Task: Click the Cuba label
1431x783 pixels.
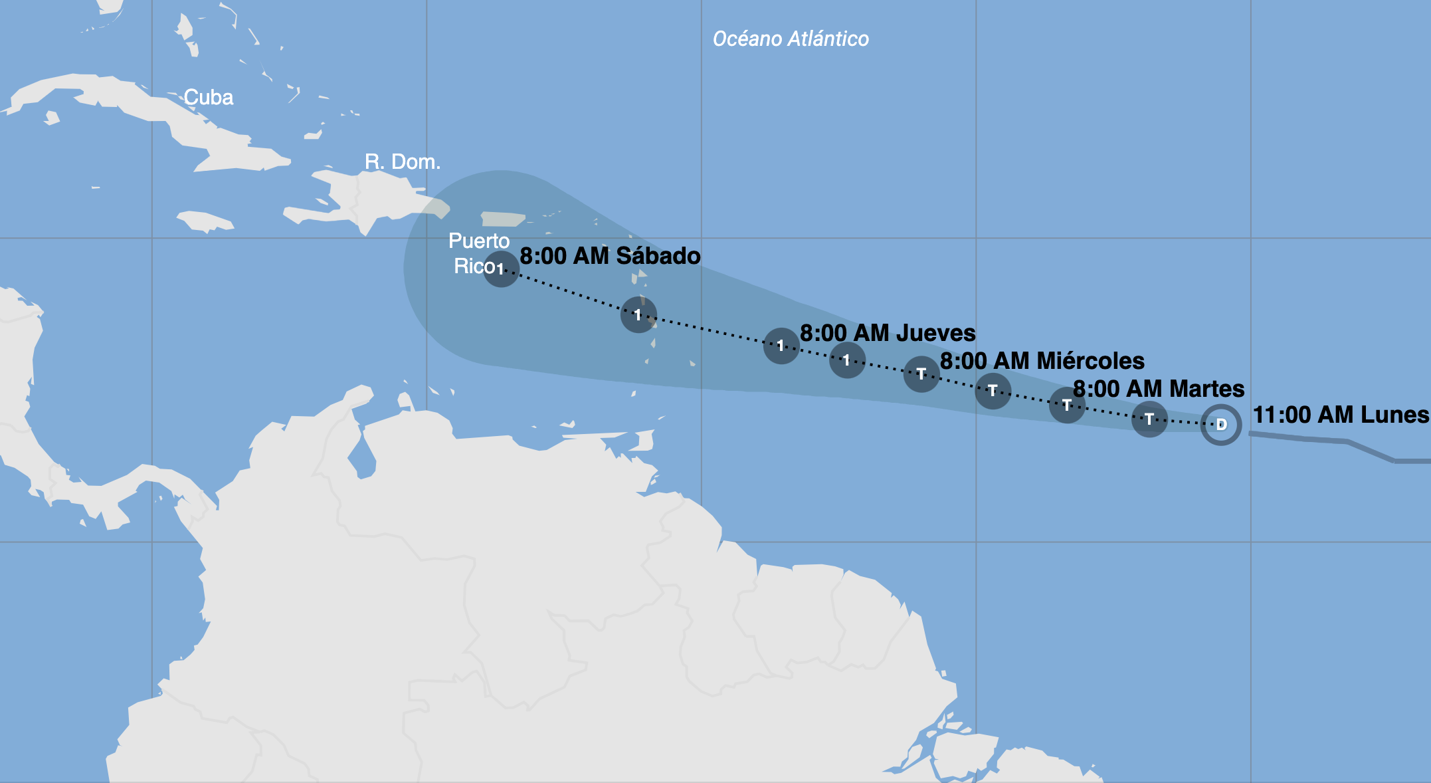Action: pyautogui.click(x=208, y=98)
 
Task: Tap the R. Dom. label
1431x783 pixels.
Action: pyautogui.click(x=403, y=162)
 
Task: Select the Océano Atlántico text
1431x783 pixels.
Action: pyautogui.click(x=791, y=39)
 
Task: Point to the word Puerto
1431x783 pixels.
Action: pyautogui.click(x=479, y=241)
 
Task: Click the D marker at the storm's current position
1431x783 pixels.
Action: pyautogui.click(x=1221, y=425)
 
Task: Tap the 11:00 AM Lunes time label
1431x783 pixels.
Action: pyautogui.click(x=1341, y=415)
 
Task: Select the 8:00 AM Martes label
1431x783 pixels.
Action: pyautogui.click(x=1159, y=389)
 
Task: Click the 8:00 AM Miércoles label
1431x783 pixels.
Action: pyautogui.click(x=1042, y=361)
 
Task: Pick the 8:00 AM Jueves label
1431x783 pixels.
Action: pyautogui.click(x=888, y=333)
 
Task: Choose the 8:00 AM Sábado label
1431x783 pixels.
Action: pyautogui.click(x=610, y=256)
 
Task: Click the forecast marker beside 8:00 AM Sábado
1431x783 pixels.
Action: pyautogui.click(x=501, y=269)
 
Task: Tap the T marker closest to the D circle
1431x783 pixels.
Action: pyautogui.click(x=1149, y=419)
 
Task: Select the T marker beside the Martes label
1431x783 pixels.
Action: pyautogui.click(x=1067, y=405)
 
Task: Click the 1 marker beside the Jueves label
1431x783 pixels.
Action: pyautogui.click(x=781, y=346)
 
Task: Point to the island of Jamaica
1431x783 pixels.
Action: pyautogui.click(x=205, y=221)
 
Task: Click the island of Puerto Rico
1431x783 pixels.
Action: pyautogui.click(x=503, y=219)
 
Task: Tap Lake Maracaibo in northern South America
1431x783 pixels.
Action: pyautogui.click(x=363, y=459)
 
